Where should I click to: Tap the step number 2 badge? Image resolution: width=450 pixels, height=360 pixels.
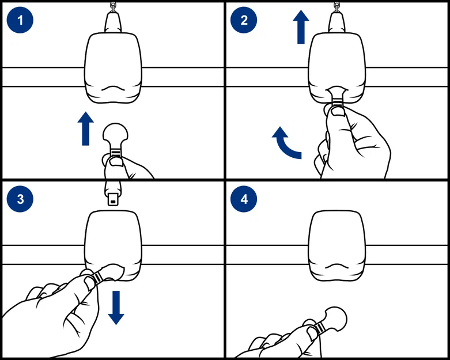tap(243, 20)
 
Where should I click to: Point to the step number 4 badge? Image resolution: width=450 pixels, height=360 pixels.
tap(243, 200)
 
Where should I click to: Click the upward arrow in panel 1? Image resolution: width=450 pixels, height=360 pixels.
tap(86, 128)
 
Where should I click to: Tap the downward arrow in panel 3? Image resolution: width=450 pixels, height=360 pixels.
tap(116, 307)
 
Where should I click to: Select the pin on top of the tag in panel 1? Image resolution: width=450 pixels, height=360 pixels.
tap(112, 21)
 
